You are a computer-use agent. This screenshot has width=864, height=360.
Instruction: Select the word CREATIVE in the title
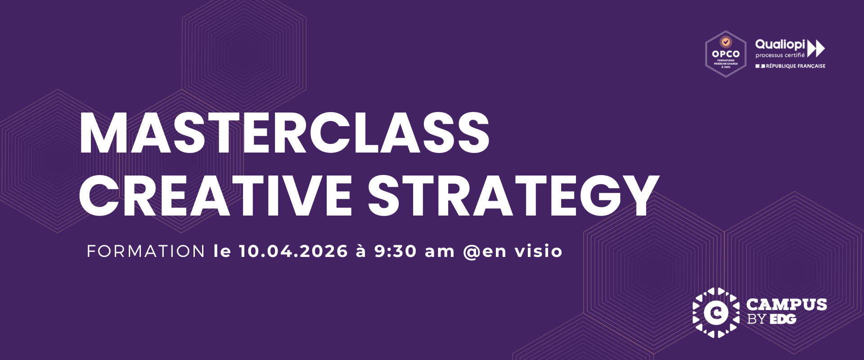coord(215,196)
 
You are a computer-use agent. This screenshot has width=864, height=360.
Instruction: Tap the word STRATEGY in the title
coord(513,196)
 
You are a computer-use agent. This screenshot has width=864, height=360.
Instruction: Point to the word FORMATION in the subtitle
coord(146,251)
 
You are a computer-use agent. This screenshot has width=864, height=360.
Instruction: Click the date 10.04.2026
coord(293,251)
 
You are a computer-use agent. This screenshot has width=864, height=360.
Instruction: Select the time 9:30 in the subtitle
coord(396,251)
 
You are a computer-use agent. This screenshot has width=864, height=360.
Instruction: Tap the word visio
coord(539,251)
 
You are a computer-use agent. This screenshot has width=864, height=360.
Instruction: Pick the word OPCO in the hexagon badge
coord(726,54)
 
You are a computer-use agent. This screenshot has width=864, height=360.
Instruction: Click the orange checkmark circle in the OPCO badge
coord(726,42)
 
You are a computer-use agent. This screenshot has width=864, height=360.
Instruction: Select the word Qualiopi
coord(780,45)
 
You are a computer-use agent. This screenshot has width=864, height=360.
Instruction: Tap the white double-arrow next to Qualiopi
coord(816,48)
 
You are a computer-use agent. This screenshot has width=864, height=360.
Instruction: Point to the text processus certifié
coord(780,55)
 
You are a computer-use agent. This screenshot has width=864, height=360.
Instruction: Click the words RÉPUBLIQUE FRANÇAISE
coord(796,66)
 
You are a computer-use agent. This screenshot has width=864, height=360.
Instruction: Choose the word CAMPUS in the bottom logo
coord(786,305)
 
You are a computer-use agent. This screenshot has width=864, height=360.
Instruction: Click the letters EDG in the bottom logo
coord(783,319)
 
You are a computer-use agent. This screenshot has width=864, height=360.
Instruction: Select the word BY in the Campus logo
coord(756,319)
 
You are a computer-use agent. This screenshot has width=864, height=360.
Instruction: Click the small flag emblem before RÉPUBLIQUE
coord(760,66)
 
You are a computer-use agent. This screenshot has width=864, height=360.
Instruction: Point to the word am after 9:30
coord(440,252)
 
